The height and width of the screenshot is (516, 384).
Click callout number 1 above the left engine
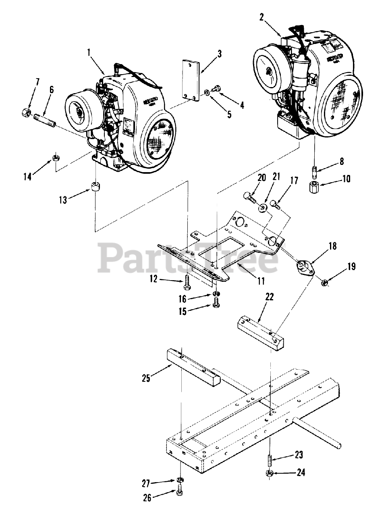click(88, 52)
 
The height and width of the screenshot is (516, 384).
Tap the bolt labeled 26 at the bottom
click(179, 493)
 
